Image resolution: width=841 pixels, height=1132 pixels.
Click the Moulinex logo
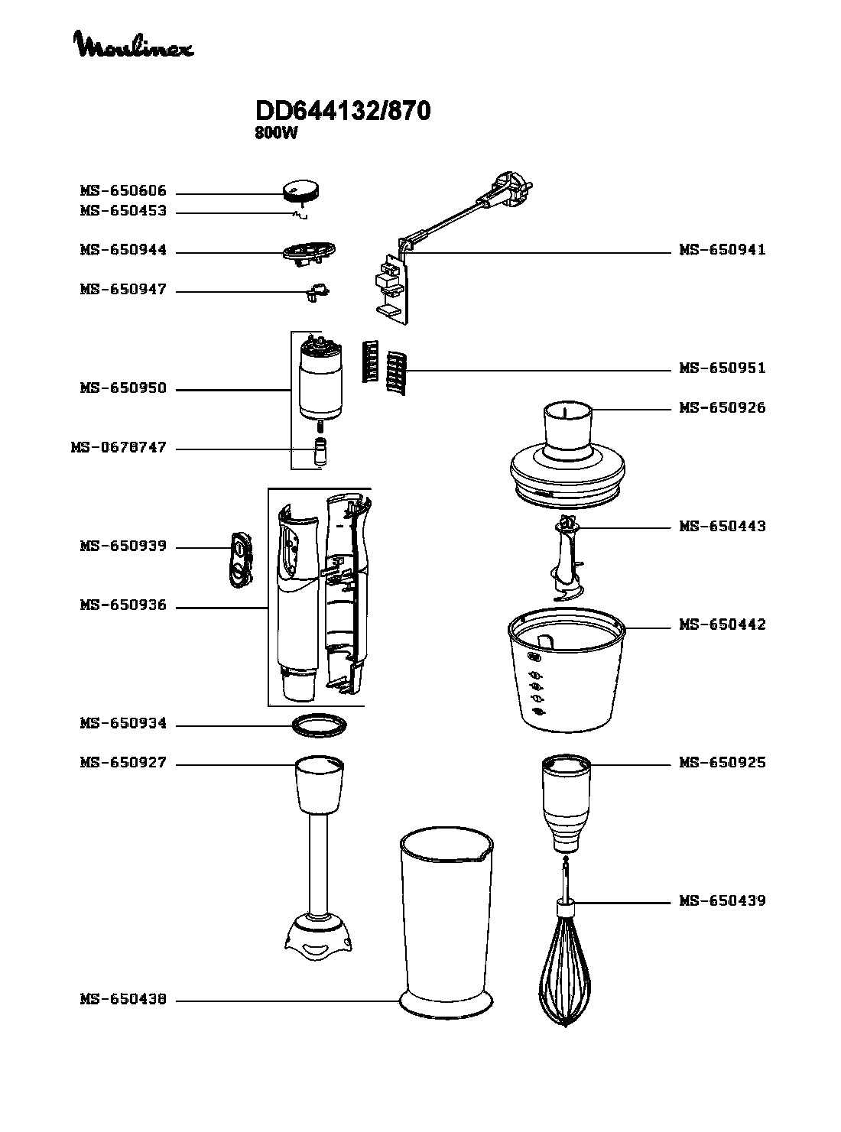tap(135, 45)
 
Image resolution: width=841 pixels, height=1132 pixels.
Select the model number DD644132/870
tap(343, 111)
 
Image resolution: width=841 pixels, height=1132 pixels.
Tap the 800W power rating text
tap(276, 133)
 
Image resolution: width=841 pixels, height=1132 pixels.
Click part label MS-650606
tap(123, 191)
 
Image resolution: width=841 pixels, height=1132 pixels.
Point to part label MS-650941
tap(722, 250)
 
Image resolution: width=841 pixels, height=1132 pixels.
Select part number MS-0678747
tap(119, 448)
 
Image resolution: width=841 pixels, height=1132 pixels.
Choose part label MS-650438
tap(123, 999)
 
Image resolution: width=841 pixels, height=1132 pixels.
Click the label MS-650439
tap(722, 901)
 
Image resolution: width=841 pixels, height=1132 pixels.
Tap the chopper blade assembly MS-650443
tap(567, 558)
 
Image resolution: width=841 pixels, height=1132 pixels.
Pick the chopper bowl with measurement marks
tap(567, 670)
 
